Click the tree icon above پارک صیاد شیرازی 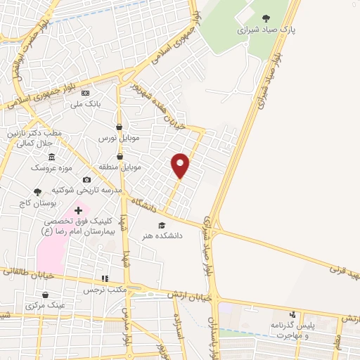(x=266, y=19)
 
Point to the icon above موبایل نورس (x=118, y=127)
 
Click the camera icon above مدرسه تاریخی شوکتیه (x=87, y=179)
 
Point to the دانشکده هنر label (x=162, y=236)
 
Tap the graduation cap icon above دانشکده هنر (x=162, y=225)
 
